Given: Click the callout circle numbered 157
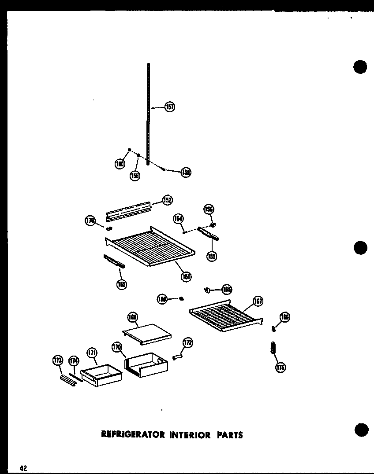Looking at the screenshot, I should click(x=169, y=107).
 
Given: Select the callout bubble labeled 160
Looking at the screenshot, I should click(x=120, y=164).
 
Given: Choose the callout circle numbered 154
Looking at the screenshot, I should click(x=178, y=219).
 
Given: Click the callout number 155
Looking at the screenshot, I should click(x=212, y=256).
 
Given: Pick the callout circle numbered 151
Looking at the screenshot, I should click(x=186, y=276).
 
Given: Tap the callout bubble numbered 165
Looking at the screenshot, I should click(x=226, y=289).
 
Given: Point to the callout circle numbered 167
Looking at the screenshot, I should click(x=258, y=301).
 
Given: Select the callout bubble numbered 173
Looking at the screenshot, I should click(x=57, y=360).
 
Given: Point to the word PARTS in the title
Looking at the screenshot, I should click(x=229, y=435).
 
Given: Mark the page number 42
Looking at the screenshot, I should click(x=23, y=468).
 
